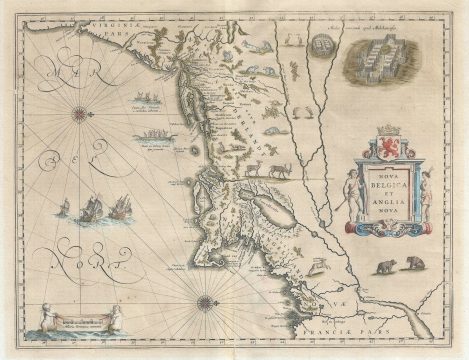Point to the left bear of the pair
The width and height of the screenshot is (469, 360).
click(x=385, y=268)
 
